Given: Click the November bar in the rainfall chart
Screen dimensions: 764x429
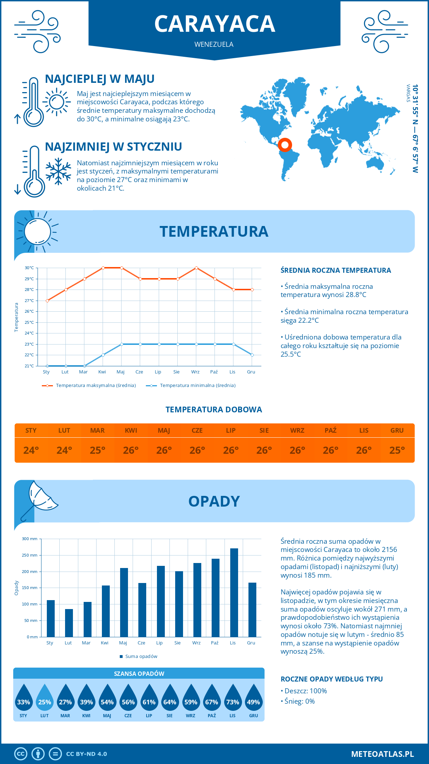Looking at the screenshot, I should point(234,593).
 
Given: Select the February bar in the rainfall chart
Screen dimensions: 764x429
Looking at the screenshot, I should point(69,623).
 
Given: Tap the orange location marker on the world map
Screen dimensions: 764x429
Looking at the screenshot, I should point(285,145).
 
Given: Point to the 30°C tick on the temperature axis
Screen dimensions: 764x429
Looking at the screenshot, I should point(29,268).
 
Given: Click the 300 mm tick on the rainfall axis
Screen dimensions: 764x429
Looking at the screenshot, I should point(30,539).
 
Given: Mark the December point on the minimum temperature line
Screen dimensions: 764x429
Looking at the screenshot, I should point(252,355).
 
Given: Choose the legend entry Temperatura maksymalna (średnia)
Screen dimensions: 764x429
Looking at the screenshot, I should point(89,386).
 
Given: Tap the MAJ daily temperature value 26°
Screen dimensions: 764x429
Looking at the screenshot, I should point(164,450).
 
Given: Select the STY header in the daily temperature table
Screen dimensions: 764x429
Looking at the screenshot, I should point(31,431).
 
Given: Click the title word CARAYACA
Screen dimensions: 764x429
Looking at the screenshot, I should point(214,24).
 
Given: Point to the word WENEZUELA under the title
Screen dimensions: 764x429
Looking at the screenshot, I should point(214,44).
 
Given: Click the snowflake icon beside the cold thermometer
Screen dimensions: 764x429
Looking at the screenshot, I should point(58,171).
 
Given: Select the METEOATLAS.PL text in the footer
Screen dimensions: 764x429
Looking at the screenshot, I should point(383,754).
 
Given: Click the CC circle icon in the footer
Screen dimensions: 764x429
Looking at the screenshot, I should point(21,754).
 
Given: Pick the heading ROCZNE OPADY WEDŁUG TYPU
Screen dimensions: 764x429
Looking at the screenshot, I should point(331,679).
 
